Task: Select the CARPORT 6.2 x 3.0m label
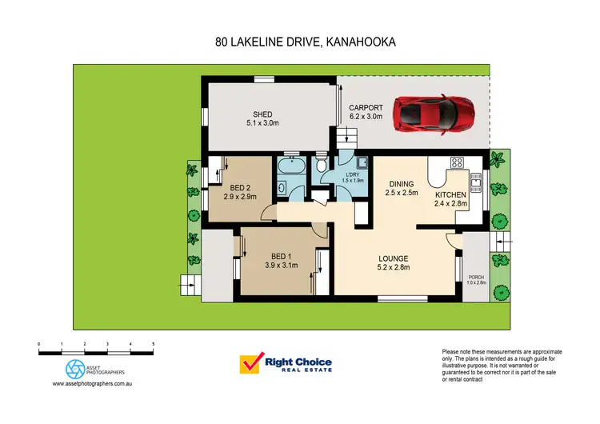click(x=366, y=112)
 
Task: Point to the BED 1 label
click(x=281, y=259)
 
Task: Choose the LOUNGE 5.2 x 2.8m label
click(x=394, y=262)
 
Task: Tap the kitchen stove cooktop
click(x=458, y=164)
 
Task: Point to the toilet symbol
click(x=320, y=166)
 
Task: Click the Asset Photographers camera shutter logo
click(x=74, y=369)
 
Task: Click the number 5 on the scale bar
click(x=154, y=343)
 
